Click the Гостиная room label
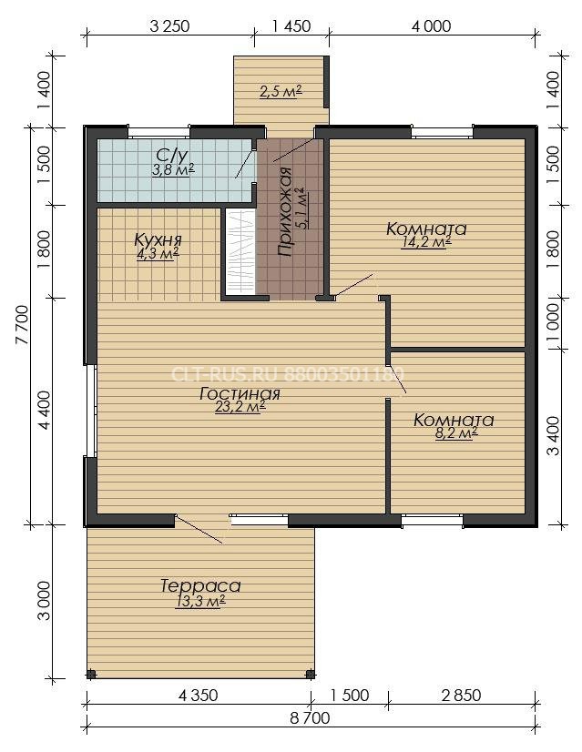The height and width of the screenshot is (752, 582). tap(240, 393)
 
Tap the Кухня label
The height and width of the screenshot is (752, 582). tap(158, 239)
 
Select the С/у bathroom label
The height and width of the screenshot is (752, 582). tap(171, 155)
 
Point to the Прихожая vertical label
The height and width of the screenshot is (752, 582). tap(284, 211)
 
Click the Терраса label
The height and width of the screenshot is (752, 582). tap(200, 585)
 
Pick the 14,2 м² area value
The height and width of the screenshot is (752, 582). tap(426, 243)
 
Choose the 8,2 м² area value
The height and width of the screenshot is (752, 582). tap(455, 434)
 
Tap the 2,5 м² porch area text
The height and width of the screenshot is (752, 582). tap(281, 91)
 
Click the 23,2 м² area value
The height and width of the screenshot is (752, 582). tap(240, 407)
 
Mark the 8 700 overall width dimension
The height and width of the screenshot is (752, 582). tap(310, 718)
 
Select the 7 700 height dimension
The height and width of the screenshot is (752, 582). tap(22, 325)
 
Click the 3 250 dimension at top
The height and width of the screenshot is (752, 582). tap(169, 25)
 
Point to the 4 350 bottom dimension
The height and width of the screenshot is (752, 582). tap(198, 695)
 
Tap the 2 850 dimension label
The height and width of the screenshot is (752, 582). tap(461, 695)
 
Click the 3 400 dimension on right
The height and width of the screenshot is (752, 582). tap(553, 435)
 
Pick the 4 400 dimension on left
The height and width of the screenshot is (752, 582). tap(44, 410)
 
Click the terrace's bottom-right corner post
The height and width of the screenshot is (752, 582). tap(310, 675)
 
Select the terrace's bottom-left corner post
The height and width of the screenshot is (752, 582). tap(91, 675)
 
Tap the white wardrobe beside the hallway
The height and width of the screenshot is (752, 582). tap(240, 252)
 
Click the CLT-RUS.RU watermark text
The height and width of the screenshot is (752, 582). tap(288, 374)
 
